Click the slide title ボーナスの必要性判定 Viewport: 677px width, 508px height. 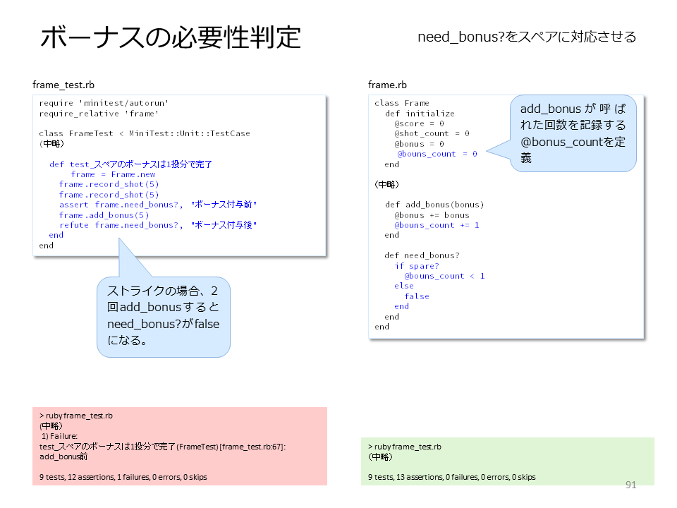click(171, 37)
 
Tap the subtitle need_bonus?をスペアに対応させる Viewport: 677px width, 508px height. click(527, 37)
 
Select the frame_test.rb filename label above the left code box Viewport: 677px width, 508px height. click(63, 85)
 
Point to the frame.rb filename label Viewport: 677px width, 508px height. click(387, 85)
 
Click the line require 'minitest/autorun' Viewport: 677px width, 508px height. click(104, 103)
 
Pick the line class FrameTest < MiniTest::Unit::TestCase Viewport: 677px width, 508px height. click(145, 133)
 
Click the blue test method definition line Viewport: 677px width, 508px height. click(130, 164)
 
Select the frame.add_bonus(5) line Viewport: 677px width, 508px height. click(104, 215)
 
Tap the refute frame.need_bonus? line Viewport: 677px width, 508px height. click(158, 225)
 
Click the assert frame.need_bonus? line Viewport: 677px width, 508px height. click(158, 205)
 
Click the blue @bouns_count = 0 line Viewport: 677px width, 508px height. click(437, 154)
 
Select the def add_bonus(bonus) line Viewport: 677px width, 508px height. click(434, 205)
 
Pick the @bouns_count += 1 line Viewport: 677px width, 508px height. click(437, 225)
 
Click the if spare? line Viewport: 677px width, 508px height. click(417, 266)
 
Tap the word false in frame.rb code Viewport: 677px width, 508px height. click(417, 296)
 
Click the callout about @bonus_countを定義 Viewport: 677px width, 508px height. click(573, 133)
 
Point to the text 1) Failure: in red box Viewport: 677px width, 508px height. click(59, 436)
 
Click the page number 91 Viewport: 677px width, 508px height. click(630, 485)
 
